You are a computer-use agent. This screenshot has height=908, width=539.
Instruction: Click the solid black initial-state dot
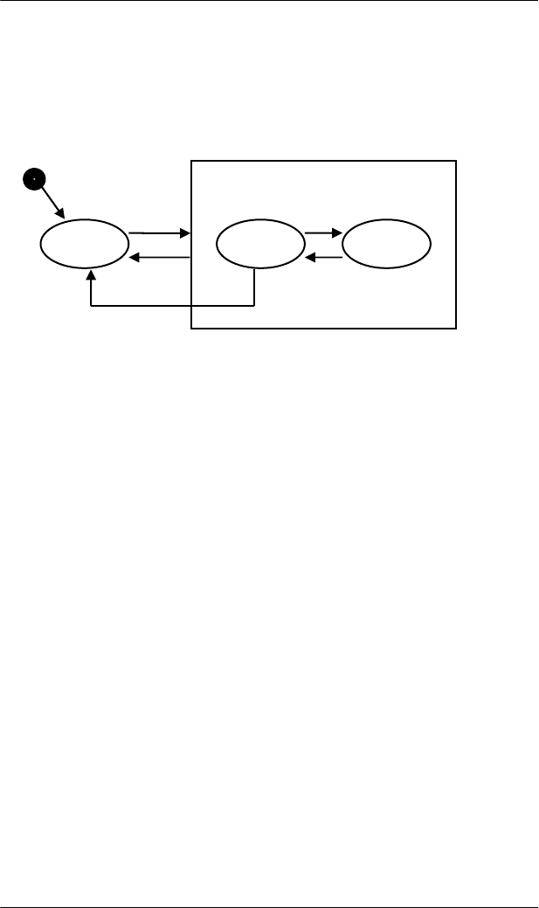(32, 180)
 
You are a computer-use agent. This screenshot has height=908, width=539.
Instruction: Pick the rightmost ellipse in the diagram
(386, 244)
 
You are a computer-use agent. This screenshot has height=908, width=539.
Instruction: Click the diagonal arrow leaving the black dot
(49, 200)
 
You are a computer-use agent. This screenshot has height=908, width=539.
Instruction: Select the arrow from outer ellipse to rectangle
(159, 233)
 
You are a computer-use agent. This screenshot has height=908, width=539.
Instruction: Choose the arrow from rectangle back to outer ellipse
(159, 257)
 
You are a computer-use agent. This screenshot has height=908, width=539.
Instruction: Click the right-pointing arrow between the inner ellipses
(322, 233)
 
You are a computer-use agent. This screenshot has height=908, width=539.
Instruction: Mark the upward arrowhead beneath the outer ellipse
(91, 275)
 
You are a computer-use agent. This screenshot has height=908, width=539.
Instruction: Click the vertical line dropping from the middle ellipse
(254, 287)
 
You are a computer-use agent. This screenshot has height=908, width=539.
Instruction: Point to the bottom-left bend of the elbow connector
(91, 306)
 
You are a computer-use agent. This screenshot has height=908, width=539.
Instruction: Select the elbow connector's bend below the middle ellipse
(254, 306)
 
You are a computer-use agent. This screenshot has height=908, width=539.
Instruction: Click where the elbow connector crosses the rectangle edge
(191, 306)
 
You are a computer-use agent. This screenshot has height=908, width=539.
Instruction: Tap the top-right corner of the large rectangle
(456, 161)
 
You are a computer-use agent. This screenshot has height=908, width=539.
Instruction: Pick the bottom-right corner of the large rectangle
(456, 329)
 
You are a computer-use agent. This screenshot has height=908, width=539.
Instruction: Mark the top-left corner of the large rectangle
(191, 161)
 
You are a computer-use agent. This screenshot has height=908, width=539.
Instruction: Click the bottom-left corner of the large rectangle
(191, 329)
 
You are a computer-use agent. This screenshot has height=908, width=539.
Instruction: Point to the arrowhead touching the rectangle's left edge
(185, 233)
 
